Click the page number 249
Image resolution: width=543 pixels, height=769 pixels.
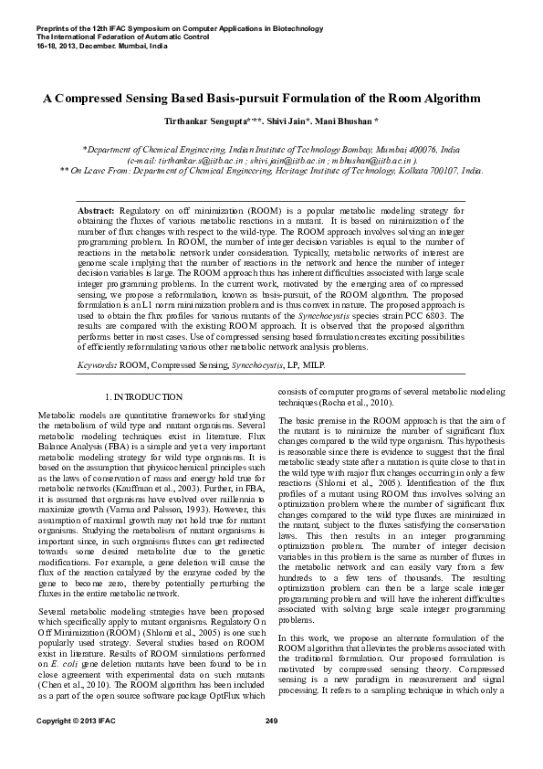click(271, 748)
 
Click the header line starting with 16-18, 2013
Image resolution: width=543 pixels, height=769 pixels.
click(89, 45)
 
